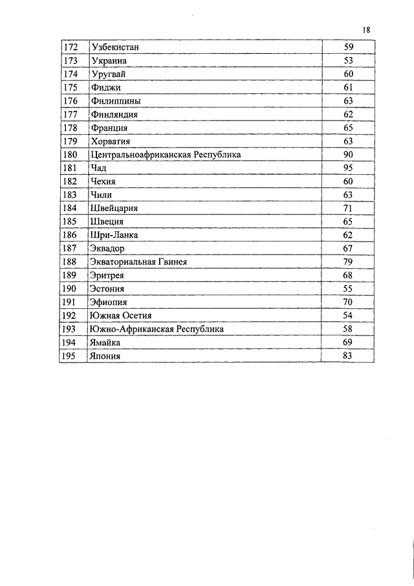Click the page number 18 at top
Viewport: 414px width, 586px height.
[366, 30]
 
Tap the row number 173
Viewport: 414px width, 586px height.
[71, 61]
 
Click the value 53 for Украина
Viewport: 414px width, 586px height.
[348, 61]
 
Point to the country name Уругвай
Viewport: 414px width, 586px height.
[109, 74]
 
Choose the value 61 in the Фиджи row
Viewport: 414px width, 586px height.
[348, 87]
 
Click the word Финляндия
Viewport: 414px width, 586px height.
[114, 115]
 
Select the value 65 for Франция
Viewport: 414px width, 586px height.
[348, 128]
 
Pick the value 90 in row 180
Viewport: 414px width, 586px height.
[348, 155]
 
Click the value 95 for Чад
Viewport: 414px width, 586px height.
[348, 168]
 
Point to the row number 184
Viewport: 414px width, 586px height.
[71, 208]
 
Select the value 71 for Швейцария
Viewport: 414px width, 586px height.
[348, 208]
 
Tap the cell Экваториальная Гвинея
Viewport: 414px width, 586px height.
[139, 262]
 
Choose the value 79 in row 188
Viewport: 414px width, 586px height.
[348, 262]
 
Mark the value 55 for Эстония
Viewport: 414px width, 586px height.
[348, 289]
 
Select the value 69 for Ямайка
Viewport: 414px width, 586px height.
[348, 343]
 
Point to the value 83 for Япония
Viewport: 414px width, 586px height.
[348, 356]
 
